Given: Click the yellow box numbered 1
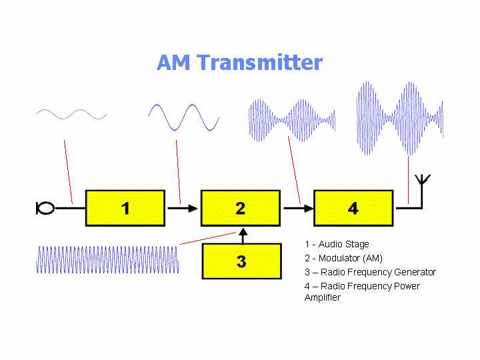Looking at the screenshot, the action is (125, 208).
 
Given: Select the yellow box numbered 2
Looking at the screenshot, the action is (241, 208).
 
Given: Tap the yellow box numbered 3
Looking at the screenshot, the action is (242, 261).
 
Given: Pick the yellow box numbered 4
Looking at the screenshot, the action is (353, 208).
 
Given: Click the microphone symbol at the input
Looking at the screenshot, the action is (45, 208).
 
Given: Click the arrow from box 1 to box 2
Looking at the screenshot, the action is (183, 209).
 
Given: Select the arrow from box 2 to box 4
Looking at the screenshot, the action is (299, 209).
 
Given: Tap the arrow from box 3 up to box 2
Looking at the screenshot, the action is (243, 236).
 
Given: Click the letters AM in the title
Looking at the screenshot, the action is (173, 63).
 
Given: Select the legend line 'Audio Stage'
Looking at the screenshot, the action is (337, 244).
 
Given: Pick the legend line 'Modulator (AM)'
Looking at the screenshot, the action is (344, 258).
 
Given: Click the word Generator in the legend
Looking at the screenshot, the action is (415, 272).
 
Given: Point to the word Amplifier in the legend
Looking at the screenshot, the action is (323, 297).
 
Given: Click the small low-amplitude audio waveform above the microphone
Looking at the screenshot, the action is (71, 114).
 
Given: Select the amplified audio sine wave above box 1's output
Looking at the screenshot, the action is (184, 117).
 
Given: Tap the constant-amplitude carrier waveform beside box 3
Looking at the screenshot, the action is (107, 259).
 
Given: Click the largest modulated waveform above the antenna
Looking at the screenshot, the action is (400, 118).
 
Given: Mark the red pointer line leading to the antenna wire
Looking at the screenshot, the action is (409, 180).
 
